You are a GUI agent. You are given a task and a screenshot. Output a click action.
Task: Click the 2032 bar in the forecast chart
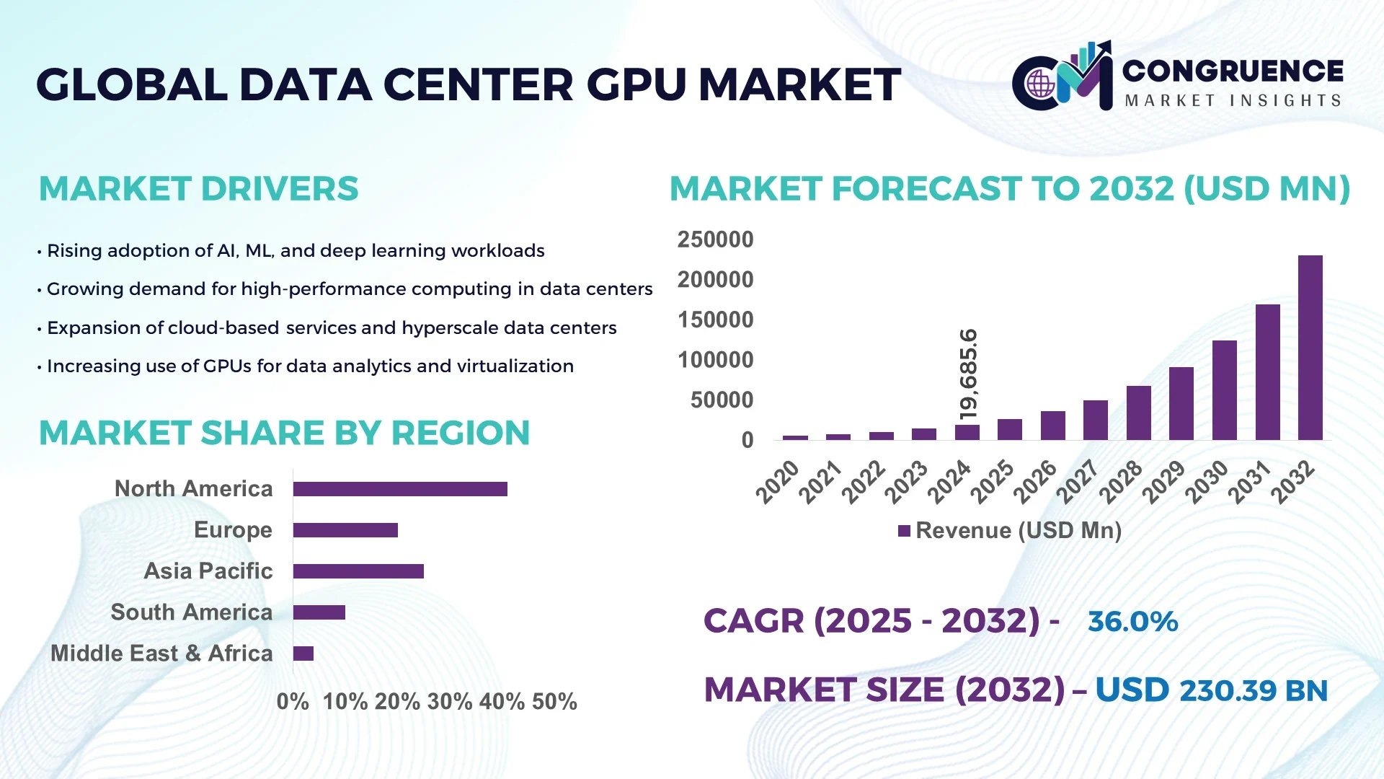point(1310,348)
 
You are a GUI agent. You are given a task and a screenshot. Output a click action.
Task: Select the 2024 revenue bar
point(967,432)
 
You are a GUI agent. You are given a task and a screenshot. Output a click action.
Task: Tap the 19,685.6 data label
point(969,374)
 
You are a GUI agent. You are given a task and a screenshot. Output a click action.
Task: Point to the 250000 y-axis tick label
point(714,239)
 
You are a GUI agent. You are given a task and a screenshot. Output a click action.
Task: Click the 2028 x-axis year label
point(1121,482)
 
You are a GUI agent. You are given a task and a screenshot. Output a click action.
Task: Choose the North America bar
point(400,489)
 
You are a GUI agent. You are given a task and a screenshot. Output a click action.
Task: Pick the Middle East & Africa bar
point(303,653)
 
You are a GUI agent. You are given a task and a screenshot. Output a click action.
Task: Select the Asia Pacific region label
point(208,571)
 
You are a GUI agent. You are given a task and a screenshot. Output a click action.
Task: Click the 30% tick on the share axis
point(450,701)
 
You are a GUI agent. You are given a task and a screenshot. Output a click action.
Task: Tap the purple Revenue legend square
point(904,531)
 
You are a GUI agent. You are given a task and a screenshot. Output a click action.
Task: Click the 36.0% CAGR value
point(1132,621)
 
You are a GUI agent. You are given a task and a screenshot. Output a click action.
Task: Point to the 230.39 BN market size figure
point(1253,690)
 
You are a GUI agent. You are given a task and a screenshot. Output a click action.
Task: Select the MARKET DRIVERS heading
point(198,189)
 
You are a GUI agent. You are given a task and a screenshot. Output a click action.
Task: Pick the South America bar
point(319,612)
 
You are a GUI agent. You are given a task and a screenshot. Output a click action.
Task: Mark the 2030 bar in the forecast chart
point(1224,390)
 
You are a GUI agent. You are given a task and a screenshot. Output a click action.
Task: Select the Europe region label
point(233,529)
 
